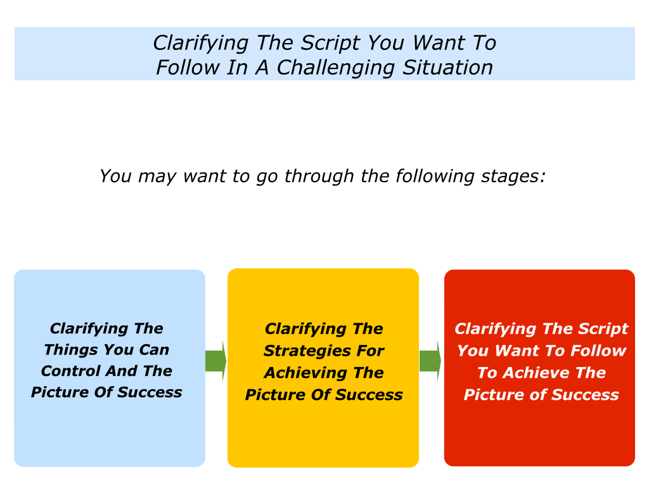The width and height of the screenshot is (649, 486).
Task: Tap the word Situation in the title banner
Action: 447,67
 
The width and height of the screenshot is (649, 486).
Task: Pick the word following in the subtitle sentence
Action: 435,177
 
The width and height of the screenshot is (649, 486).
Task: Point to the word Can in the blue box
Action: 154,351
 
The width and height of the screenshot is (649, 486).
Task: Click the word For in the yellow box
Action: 371,351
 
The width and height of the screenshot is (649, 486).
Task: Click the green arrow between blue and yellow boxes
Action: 215,361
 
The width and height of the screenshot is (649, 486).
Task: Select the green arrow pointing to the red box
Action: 430,361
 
